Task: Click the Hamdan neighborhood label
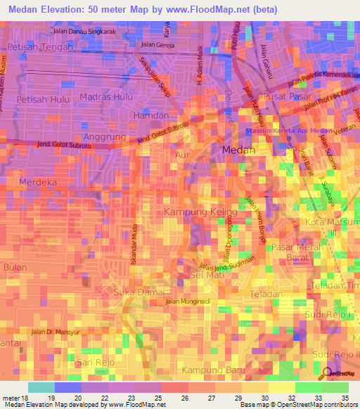click(151, 115)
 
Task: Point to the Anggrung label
click(104, 136)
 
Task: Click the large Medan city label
click(238, 150)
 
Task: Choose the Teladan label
click(264, 294)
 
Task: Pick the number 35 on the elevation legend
click(345, 397)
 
